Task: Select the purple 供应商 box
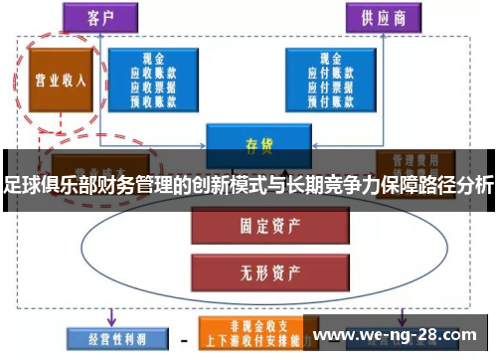tap(383, 18)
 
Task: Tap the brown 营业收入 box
tap(59, 81)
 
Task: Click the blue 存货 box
tap(257, 145)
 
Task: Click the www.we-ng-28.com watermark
tap(403, 333)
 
